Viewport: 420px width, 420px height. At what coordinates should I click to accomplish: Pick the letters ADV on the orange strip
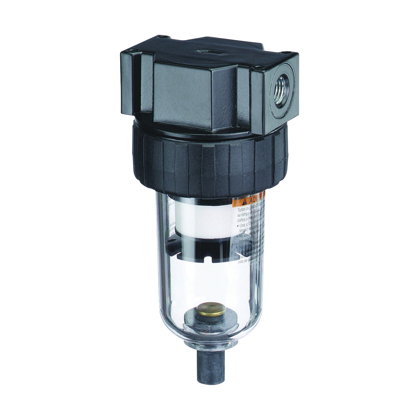click(x=255, y=200)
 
